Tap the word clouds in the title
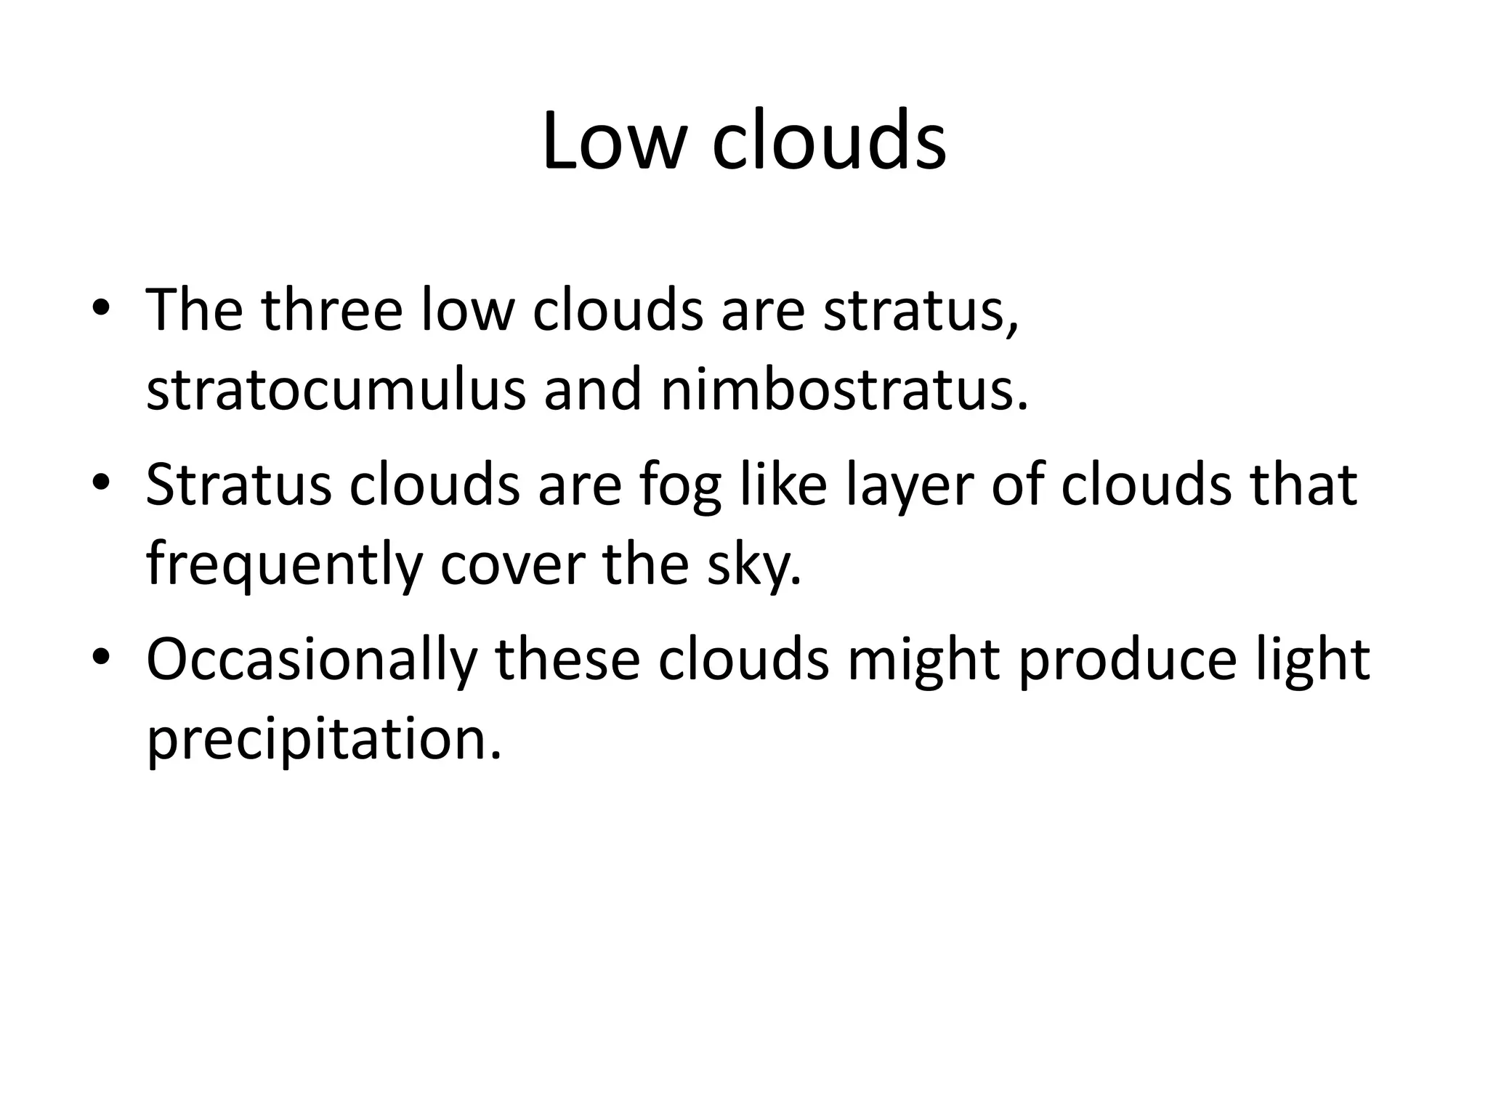click(829, 141)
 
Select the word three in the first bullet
click(332, 310)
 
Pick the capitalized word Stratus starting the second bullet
click(238, 485)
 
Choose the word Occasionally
click(312, 660)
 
